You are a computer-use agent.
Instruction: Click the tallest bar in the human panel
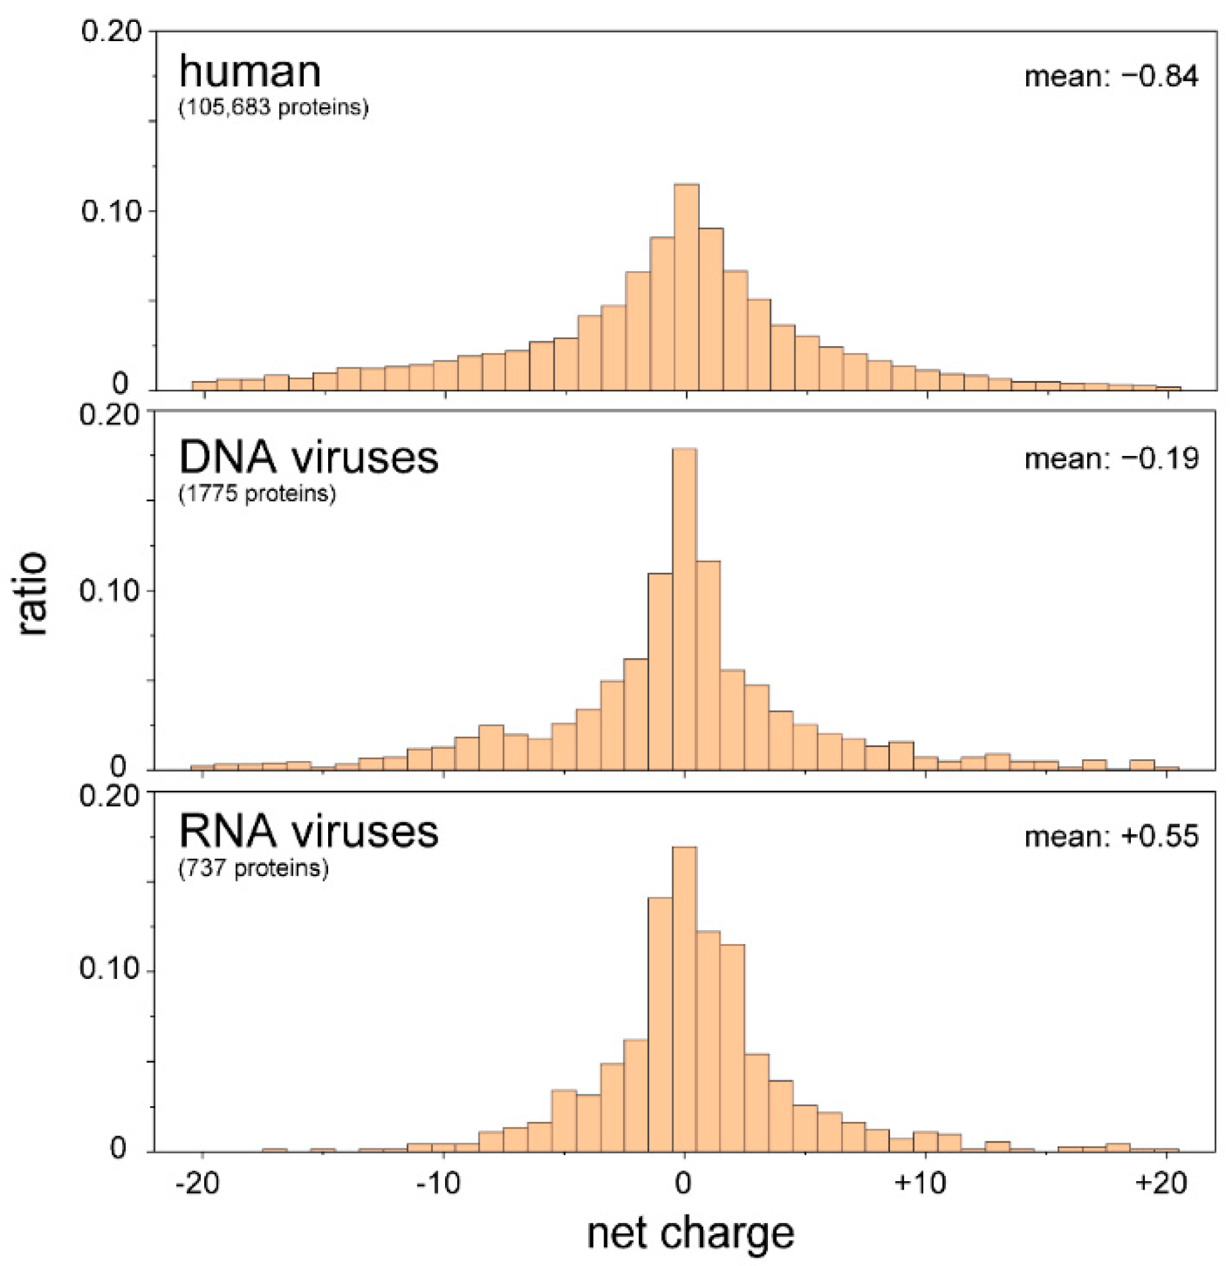pos(686,288)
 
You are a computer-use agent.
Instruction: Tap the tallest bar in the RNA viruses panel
pos(684,999)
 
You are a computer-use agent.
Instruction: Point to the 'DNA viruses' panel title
pos(308,457)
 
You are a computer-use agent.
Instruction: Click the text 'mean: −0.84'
pos(1111,77)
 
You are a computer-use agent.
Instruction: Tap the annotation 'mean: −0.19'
pos(1111,459)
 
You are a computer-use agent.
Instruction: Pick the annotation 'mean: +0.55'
pos(1111,836)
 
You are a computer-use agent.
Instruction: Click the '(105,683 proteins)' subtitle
pos(273,107)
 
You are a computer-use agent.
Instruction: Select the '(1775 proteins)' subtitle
pos(257,494)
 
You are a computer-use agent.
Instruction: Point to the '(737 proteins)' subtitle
pos(253,868)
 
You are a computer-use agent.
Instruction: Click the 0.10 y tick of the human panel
pos(110,211)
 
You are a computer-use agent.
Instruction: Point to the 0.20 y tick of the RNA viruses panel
pos(109,795)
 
